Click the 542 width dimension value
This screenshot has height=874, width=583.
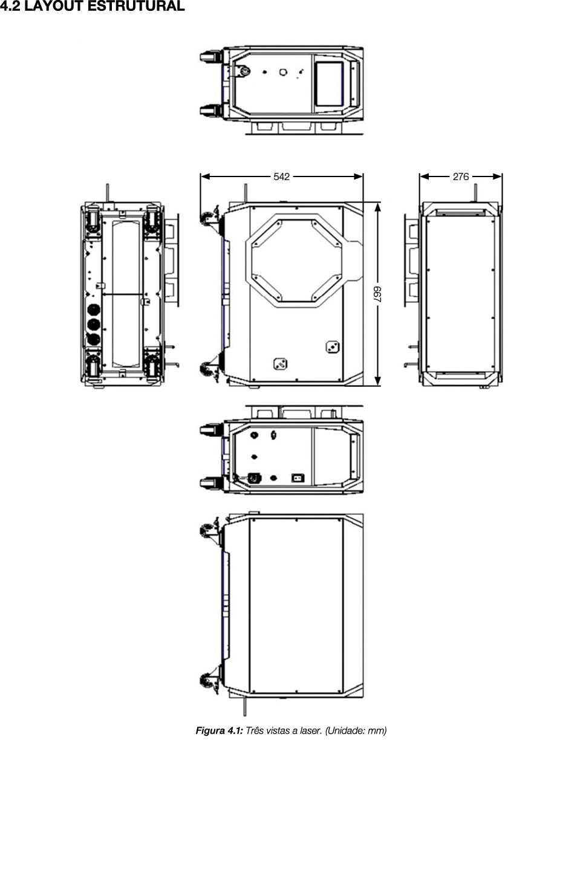click(282, 176)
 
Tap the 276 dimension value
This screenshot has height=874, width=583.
click(461, 176)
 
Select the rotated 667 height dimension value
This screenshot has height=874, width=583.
click(377, 294)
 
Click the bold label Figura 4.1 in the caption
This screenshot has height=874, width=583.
click(219, 731)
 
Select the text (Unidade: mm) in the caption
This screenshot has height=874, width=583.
click(356, 731)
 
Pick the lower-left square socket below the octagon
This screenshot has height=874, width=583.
click(280, 364)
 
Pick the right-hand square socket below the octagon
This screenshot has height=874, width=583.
click(331, 346)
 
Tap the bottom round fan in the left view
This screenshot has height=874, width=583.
click(93, 339)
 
